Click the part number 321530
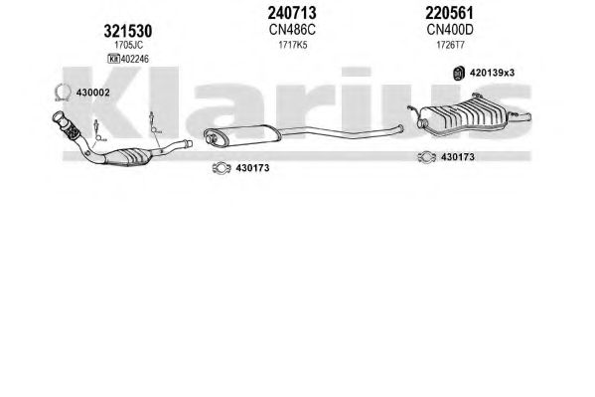click(x=128, y=31)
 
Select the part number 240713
click(x=292, y=13)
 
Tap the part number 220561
click(x=449, y=13)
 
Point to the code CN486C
click(x=292, y=30)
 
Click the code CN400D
click(x=450, y=30)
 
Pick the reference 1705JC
click(x=129, y=45)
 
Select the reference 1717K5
click(x=293, y=45)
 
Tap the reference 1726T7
click(x=450, y=45)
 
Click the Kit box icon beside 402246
click(x=113, y=59)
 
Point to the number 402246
click(x=135, y=59)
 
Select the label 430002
click(x=93, y=93)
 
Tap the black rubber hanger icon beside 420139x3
click(x=459, y=73)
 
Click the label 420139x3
click(x=492, y=73)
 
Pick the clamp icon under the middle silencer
click(x=222, y=168)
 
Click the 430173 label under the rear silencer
click(x=458, y=157)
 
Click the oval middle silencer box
click(x=241, y=136)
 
